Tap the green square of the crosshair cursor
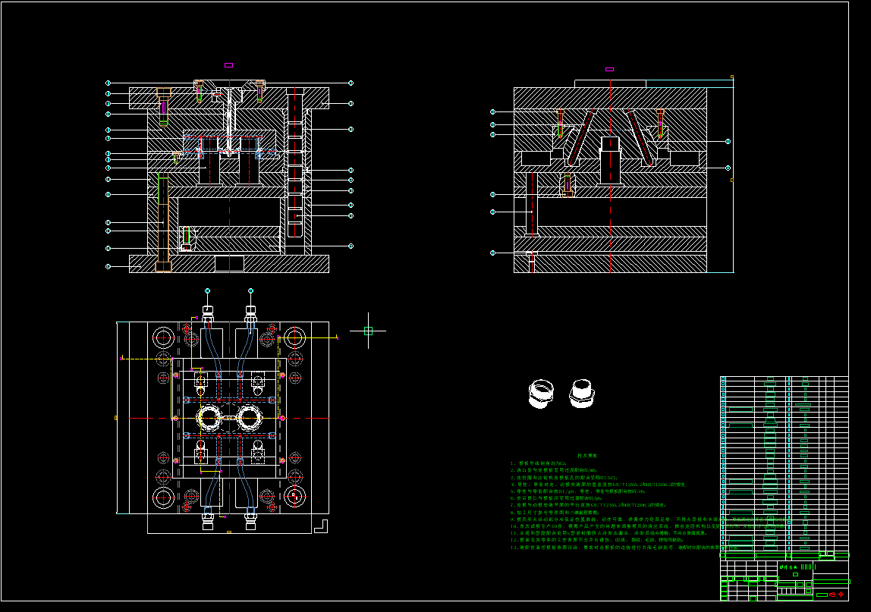point(368,331)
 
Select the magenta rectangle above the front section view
point(229,65)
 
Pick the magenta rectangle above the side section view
point(609,69)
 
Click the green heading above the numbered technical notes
point(587,455)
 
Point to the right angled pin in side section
point(640,137)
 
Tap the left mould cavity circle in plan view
point(208,417)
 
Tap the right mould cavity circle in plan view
point(249,417)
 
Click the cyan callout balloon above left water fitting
point(208,290)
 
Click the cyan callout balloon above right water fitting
point(250,290)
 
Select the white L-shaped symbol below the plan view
point(321,525)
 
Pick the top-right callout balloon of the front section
point(351,83)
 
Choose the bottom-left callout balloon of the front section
point(108,266)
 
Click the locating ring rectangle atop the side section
point(610,83)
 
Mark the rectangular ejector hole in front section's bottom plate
point(229,264)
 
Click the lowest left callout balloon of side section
point(492,253)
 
